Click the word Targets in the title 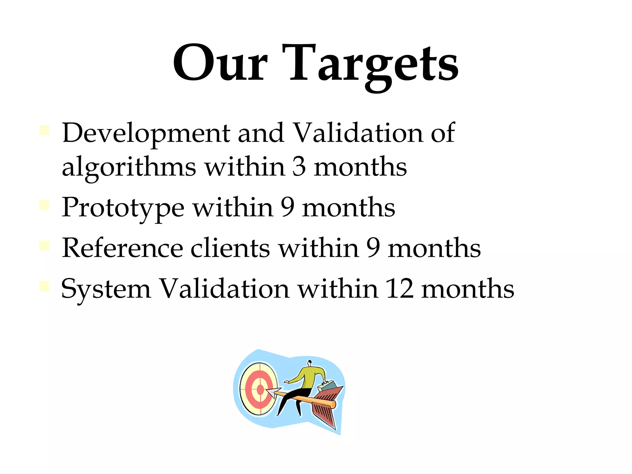pos(373,65)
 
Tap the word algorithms pos(129,168)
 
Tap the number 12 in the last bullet pos(399,289)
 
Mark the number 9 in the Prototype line pos(287,207)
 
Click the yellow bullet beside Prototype pos(44,205)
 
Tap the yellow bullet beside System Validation pos(44,286)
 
